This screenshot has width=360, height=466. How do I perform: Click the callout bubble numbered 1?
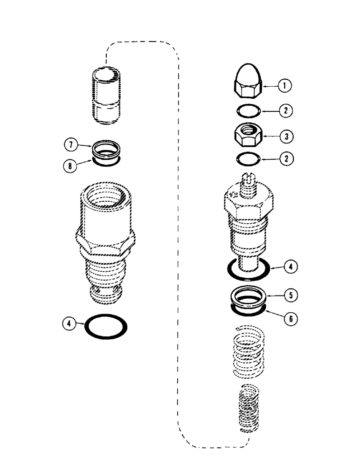pyautogui.click(x=284, y=85)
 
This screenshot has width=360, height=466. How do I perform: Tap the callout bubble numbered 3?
pyautogui.click(x=284, y=136)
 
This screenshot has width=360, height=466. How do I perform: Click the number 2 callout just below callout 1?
pyautogui.click(x=284, y=111)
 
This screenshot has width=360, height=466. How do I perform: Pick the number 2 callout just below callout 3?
pyautogui.click(x=284, y=158)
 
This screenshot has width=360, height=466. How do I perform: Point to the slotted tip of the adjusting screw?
pyautogui.click(x=250, y=177)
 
